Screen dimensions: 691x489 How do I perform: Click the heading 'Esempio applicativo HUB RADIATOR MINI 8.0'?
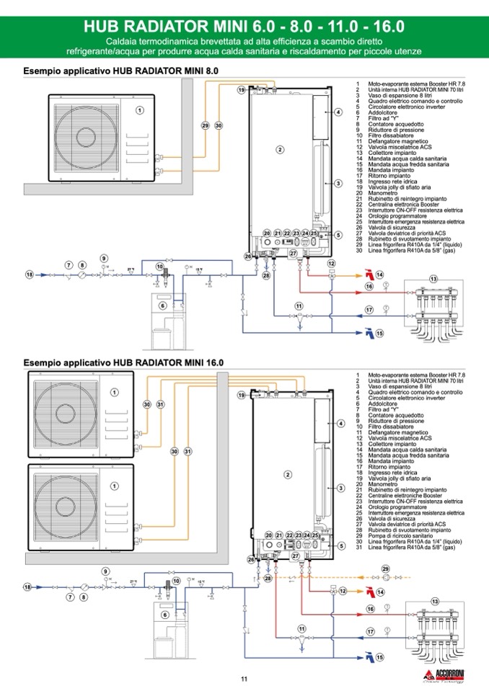coord(120,71)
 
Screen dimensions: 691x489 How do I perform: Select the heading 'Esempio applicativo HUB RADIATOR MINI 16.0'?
coord(123,362)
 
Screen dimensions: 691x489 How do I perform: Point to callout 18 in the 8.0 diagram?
coord(30,275)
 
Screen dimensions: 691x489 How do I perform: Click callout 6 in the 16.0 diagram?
coord(165,615)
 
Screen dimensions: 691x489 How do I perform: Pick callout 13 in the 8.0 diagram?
coord(433,278)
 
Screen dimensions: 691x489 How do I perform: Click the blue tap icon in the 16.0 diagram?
coord(369,656)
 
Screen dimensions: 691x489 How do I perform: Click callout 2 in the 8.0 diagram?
coord(280,149)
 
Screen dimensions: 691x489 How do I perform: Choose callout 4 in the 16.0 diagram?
coord(339,423)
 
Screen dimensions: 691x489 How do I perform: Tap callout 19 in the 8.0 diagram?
coord(242,90)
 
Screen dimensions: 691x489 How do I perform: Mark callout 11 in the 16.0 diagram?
coord(300,629)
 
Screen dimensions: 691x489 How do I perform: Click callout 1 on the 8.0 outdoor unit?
coord(140,110)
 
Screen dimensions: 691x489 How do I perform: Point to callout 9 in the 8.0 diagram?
coord(104,258)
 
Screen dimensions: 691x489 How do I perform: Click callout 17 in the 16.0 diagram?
coord(370,631)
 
